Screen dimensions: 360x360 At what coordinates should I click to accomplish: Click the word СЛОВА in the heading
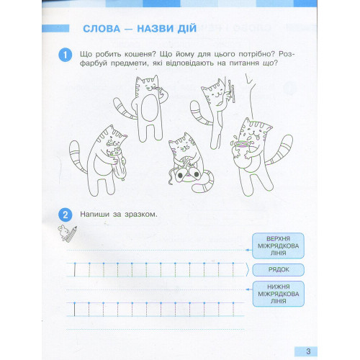coord(102,29)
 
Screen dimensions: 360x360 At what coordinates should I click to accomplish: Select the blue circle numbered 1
coord(65,55)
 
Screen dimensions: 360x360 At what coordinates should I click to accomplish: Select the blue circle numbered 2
coord(65,215)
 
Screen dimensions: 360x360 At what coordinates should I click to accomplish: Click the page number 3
coord(308,351)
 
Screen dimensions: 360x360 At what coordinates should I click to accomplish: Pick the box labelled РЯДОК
coord(279,270)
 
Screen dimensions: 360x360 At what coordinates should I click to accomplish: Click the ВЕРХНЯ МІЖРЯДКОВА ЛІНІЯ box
coord(278,246)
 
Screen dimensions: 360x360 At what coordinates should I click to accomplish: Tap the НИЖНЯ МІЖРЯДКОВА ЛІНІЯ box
coord(279,294)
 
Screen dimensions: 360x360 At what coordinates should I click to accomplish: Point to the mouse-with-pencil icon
coord(67,233)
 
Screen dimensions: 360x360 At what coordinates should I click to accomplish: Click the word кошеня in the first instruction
coord(138,54)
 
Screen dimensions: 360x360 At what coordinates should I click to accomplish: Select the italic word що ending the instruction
coord(268,63)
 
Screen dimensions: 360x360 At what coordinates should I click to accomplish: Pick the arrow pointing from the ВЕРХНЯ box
coord(249,250)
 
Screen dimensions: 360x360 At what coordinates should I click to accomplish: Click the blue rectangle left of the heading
coord(55,28)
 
